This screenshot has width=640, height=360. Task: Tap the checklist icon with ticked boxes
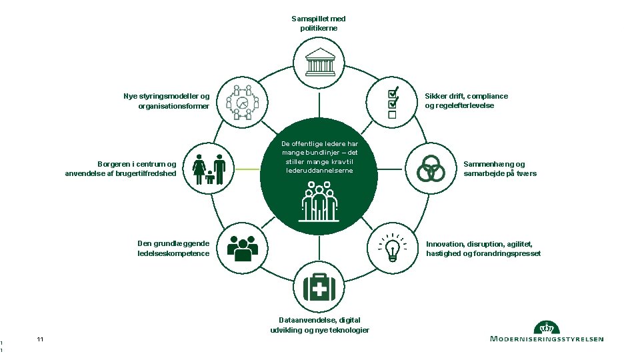click(393, 104)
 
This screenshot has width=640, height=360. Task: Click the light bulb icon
click(393, 247)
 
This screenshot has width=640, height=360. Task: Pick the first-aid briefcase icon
click(319, 287)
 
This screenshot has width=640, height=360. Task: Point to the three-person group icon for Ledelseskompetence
click(242, 249)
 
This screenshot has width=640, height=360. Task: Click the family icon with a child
click(209, 169)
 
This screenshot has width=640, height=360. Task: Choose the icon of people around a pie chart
click(242, 103)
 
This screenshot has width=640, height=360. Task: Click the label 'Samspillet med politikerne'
click(319, 23)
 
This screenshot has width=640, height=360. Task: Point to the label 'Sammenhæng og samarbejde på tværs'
click(500, 169)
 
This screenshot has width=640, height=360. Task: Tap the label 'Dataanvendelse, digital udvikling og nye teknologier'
click(319, 325)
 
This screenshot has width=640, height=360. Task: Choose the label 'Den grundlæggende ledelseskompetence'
click(173, 249)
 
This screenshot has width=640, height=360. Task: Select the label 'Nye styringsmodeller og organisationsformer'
click(167, 101)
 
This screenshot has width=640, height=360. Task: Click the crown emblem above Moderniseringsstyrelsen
click(547, 327)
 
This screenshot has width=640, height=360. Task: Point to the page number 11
click(41, 340)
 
